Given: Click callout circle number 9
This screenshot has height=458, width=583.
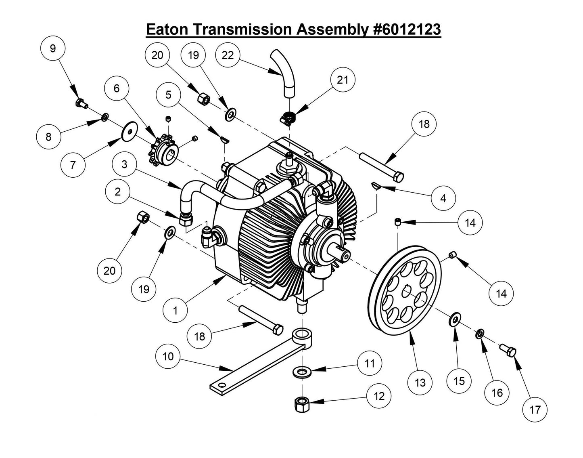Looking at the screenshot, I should coord(53,48).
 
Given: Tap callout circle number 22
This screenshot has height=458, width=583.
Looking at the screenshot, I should coord(228,55).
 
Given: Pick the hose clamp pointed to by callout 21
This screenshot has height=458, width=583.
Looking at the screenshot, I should coord(290,117).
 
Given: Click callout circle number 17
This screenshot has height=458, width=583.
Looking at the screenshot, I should coord(535,410).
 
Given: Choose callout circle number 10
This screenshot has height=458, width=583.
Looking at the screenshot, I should coord(169,356).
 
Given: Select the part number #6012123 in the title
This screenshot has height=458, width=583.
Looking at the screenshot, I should coord(405,29).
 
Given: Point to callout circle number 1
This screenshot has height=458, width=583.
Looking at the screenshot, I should coord(176,310).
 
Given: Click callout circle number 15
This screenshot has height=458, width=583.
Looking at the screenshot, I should coord(459,381).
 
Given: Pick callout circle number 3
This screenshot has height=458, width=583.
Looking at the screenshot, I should coord(125,164).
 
